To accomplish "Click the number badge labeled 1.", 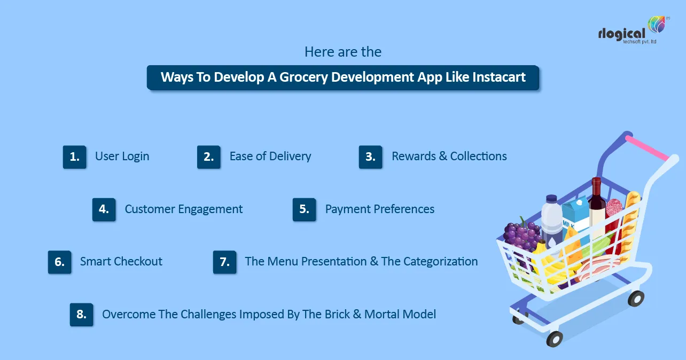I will (75, 157).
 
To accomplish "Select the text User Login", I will (122, 156).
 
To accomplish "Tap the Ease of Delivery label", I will (270, 156).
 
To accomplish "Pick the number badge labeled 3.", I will (370, 157).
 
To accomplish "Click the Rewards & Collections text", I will (449, 156).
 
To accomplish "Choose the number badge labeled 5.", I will (304, 209).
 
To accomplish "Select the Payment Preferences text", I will (379, 209).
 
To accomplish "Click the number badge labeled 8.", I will (81, 315).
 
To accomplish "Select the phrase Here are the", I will (343, 52).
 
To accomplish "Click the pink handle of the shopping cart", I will (647, 148).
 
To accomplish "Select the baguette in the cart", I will (631, 219).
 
